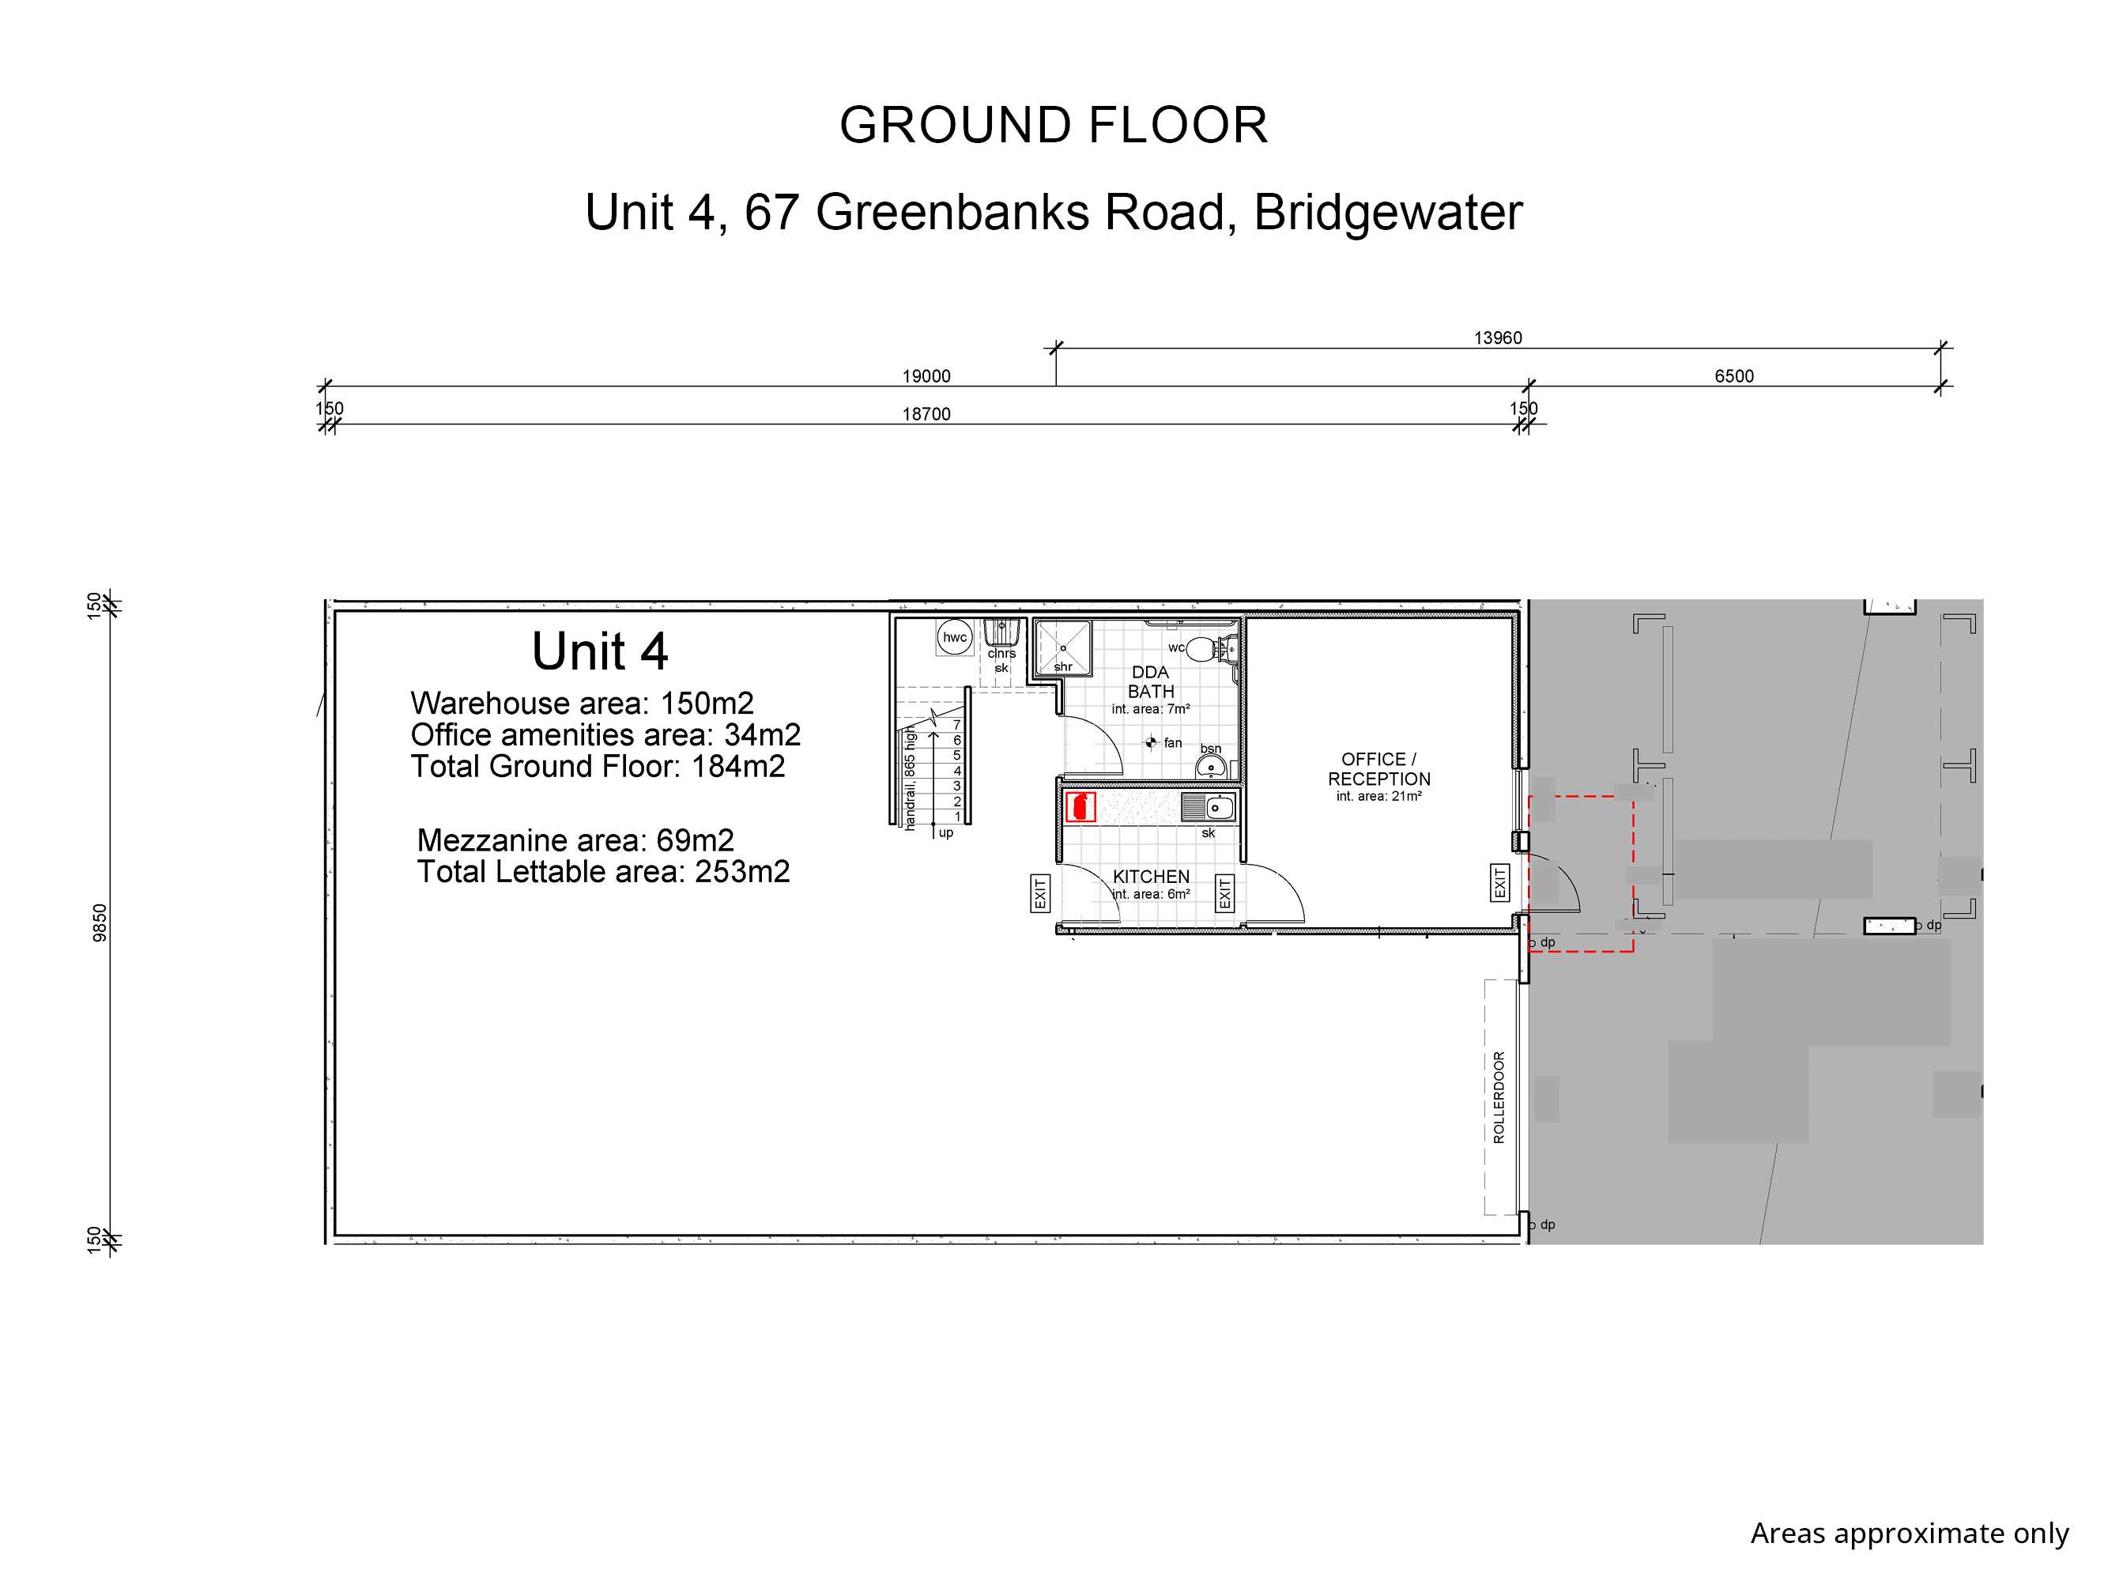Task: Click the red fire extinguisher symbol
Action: point(1080,807)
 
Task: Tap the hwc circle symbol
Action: point(955,638)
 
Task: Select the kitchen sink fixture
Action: point(1209,807)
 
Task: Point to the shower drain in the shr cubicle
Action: point(1064,648)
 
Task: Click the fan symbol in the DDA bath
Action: point(1150,742)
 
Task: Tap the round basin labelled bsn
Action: point(1210,767)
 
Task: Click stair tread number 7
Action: point(957,725)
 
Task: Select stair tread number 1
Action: point(958,817)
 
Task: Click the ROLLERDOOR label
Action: point(1499,1097)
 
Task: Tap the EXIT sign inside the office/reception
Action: point(1500,882)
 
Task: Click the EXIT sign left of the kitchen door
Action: point(1039,893)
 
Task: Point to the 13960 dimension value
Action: point(1498,338)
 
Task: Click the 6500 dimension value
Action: point(1734,375)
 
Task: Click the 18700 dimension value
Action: point(926,413)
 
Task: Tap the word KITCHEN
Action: point(1151,876)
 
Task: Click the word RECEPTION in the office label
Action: point(1379,779)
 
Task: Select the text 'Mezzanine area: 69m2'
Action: point(575,840)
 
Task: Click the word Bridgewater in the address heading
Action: point(1389,212)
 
